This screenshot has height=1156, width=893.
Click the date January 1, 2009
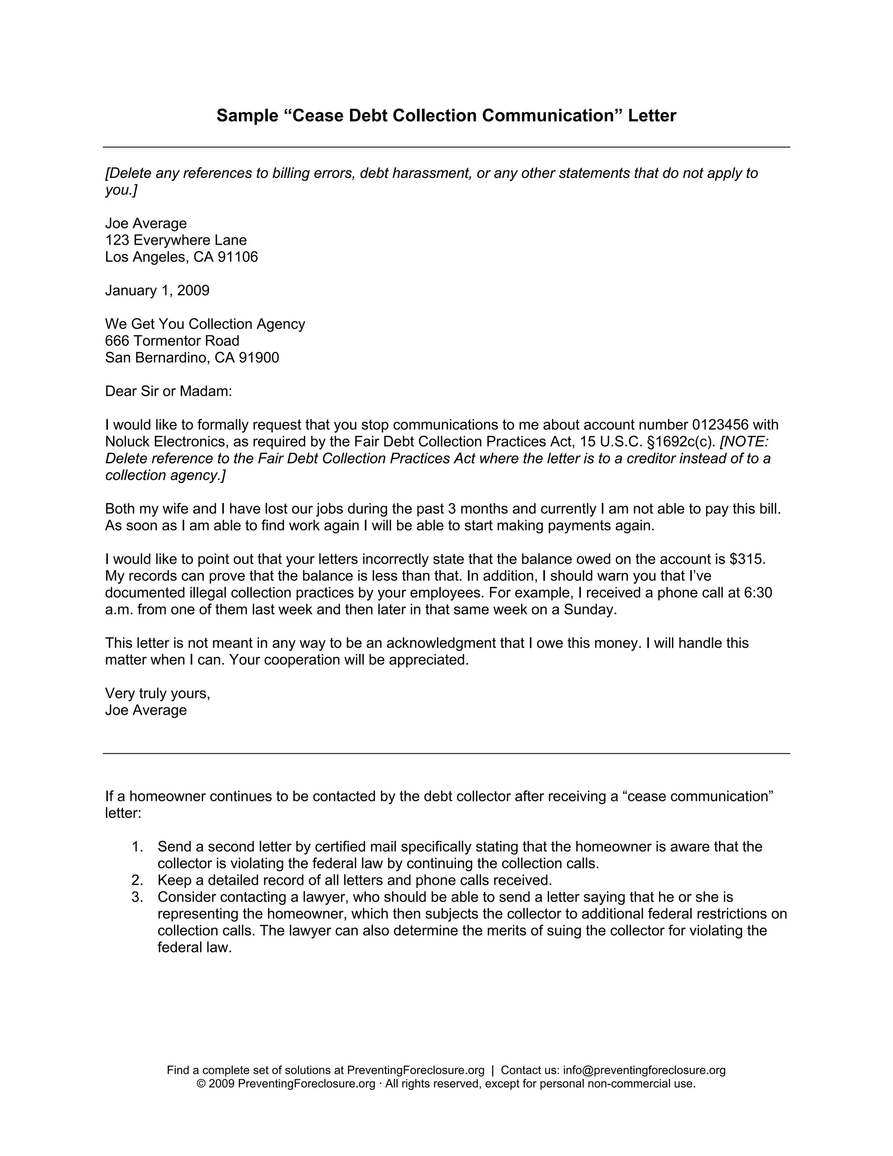[x=157, y=290]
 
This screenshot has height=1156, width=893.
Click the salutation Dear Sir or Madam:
[x=168, y=391]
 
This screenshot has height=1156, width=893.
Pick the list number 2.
[x=137, y=880]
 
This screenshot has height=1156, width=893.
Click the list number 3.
[x=137, y=897]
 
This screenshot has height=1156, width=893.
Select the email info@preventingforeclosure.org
[x=644, y=1070]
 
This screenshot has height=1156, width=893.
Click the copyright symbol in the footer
[x=201, y=1084]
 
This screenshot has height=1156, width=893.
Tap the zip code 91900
[x=259, y=357]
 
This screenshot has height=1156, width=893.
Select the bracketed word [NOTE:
[x=744, y=441]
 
